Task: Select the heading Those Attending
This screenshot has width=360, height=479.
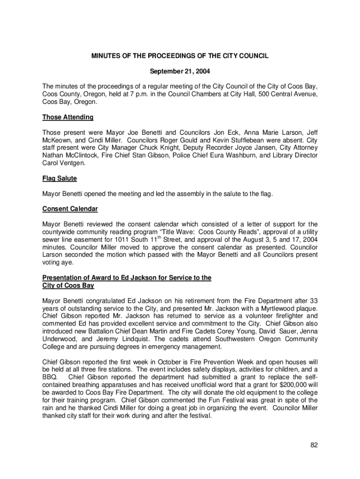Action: pyautogui.click(x=68, y=117)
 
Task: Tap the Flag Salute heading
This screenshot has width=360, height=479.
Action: pyautogui.click(x=59, y=178)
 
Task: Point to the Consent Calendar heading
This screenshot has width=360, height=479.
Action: pyautogui.click(x=70, y=209)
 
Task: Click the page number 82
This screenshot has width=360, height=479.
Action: pyautogui.click(x=314, y=445)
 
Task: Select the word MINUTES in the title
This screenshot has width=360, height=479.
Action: pyautogui.click(x=106, y=56)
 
